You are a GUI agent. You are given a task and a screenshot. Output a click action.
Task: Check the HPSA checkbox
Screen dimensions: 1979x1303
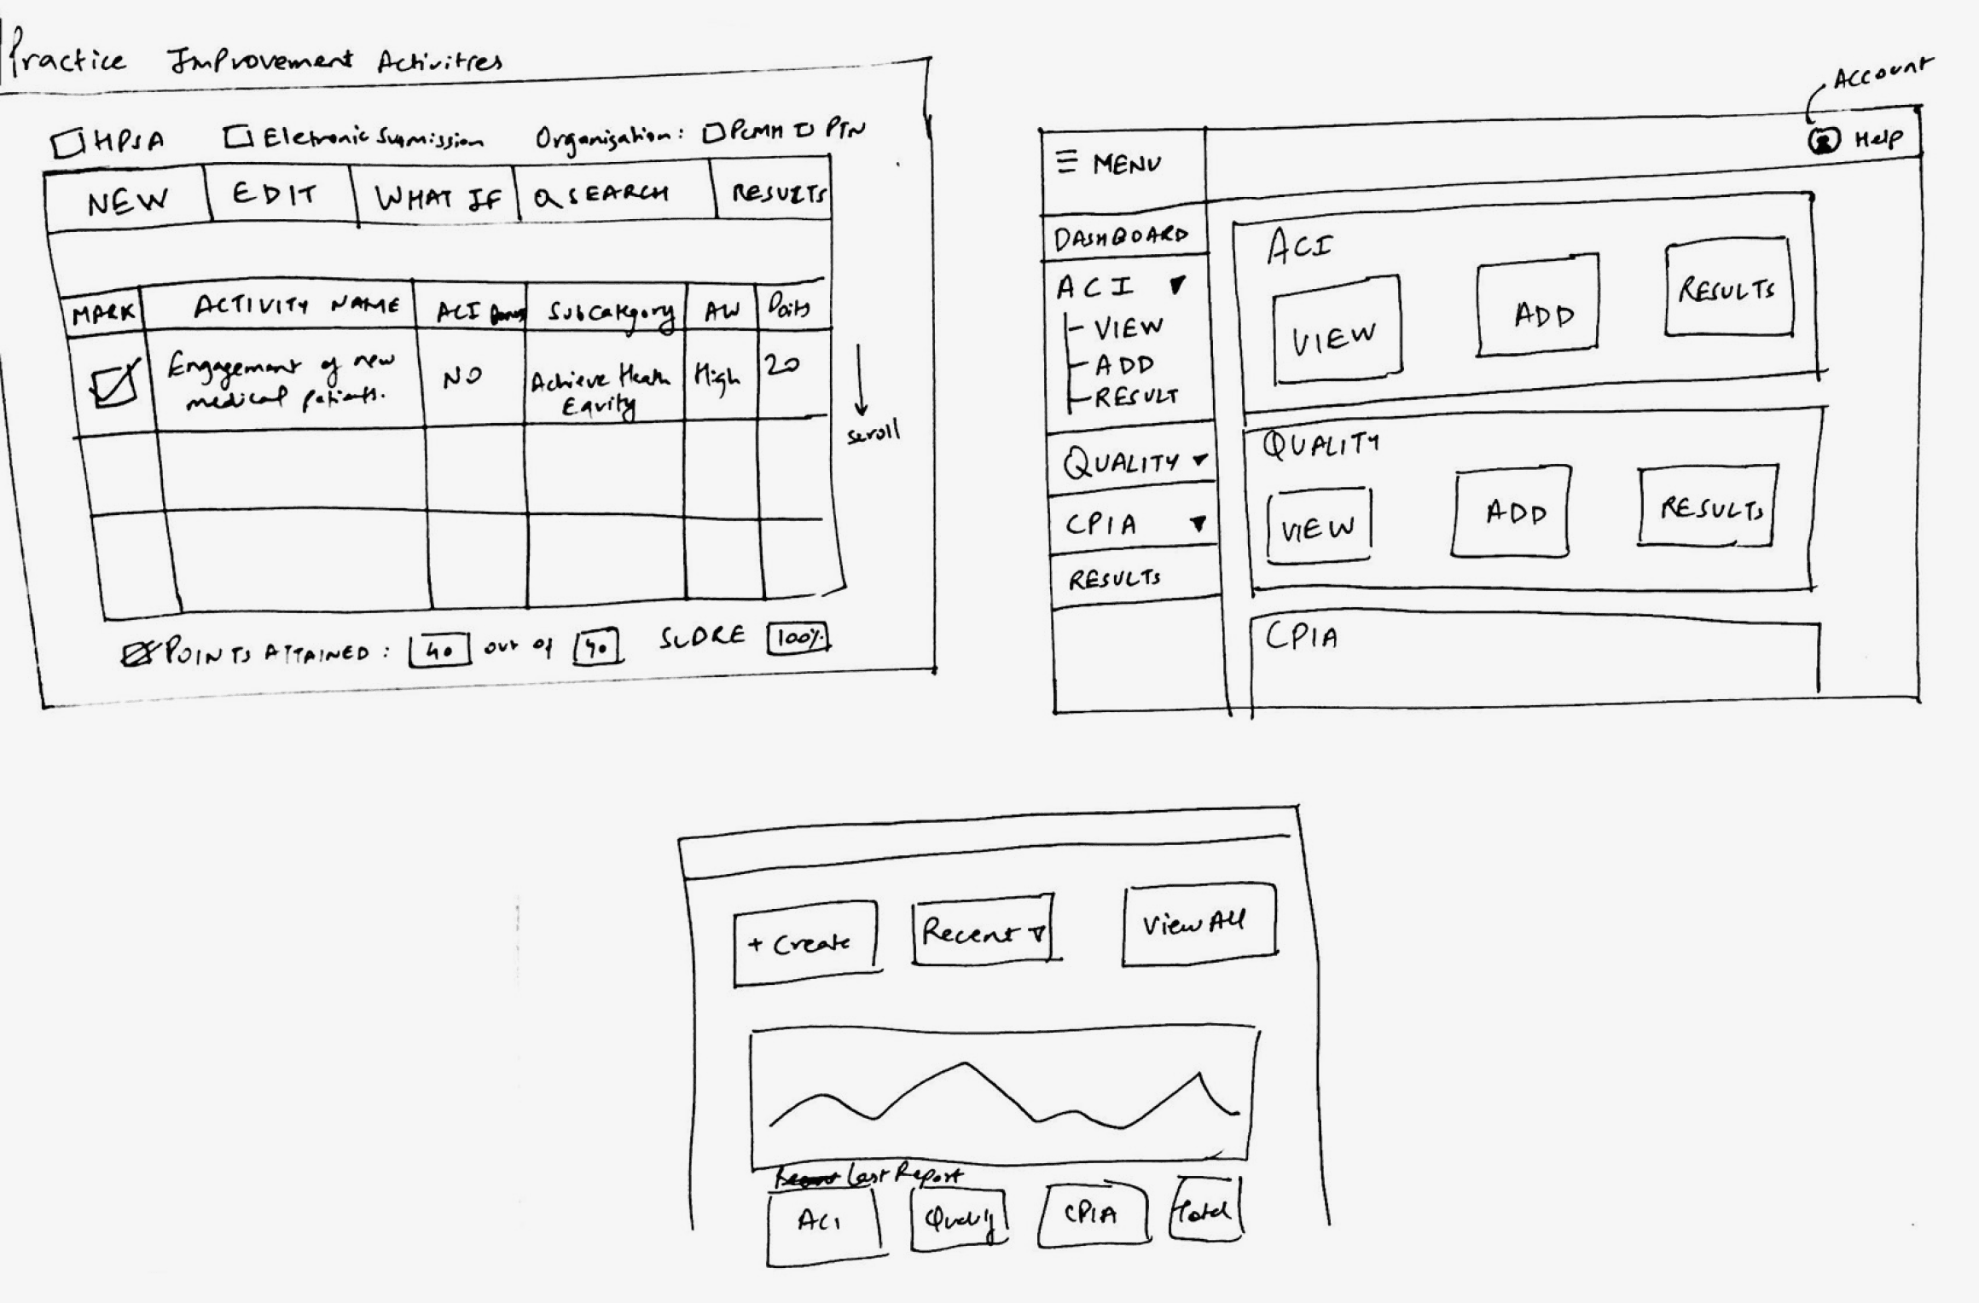tap(67, 143)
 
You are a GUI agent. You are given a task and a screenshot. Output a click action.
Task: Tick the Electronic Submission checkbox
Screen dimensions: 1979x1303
tap(238, 137)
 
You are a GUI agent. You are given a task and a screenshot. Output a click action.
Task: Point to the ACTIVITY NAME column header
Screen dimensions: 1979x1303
tap(294, 305)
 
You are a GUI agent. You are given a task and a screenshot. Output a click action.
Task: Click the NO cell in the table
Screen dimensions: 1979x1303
tap(461, 377)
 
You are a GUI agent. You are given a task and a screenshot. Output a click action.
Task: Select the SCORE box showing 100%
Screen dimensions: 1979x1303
tap(798, 638)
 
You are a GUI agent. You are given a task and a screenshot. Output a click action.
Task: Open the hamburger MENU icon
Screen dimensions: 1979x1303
tap(1066, 161)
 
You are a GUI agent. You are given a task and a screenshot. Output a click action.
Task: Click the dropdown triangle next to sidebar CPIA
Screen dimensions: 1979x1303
tap(1198, 524)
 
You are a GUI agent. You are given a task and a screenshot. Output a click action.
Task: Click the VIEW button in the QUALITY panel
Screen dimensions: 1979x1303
tap(1318, 525)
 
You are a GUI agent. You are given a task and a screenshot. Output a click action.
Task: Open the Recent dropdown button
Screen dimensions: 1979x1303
tap(983, 929)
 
